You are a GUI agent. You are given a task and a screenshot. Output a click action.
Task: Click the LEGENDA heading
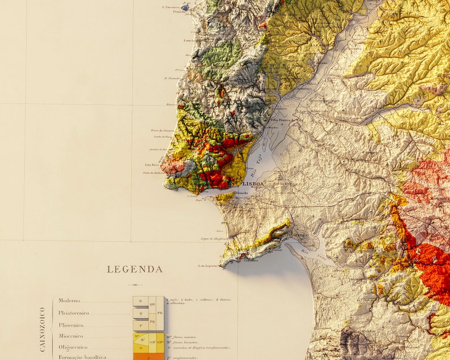click(x=134, y=269)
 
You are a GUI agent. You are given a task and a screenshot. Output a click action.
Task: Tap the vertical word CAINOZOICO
click(x=43, y=329)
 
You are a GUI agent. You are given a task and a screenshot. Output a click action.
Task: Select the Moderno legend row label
click(x=69, y=300)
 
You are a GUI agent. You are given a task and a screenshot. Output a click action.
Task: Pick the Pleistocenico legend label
click(x=74, y=313)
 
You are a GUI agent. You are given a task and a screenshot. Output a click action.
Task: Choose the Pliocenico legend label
click(x=71, y=325)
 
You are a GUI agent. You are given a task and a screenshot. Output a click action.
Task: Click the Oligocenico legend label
click(x=73, y=347)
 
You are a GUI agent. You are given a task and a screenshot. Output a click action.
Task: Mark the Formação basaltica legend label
click(x=82, y=357)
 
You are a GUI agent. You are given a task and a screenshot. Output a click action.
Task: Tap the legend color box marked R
click(x=140, y=301)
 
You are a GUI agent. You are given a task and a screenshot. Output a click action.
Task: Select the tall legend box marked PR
click(x=160, y=313)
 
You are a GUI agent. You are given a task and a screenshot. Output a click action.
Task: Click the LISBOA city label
click(x=253, y=184)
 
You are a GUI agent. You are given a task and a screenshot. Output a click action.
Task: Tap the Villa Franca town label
click(x=286, y=120)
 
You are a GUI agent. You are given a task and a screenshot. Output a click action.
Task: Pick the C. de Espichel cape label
click(x=208, y=265)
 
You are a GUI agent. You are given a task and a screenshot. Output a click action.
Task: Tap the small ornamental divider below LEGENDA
click(x=134, y=285)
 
